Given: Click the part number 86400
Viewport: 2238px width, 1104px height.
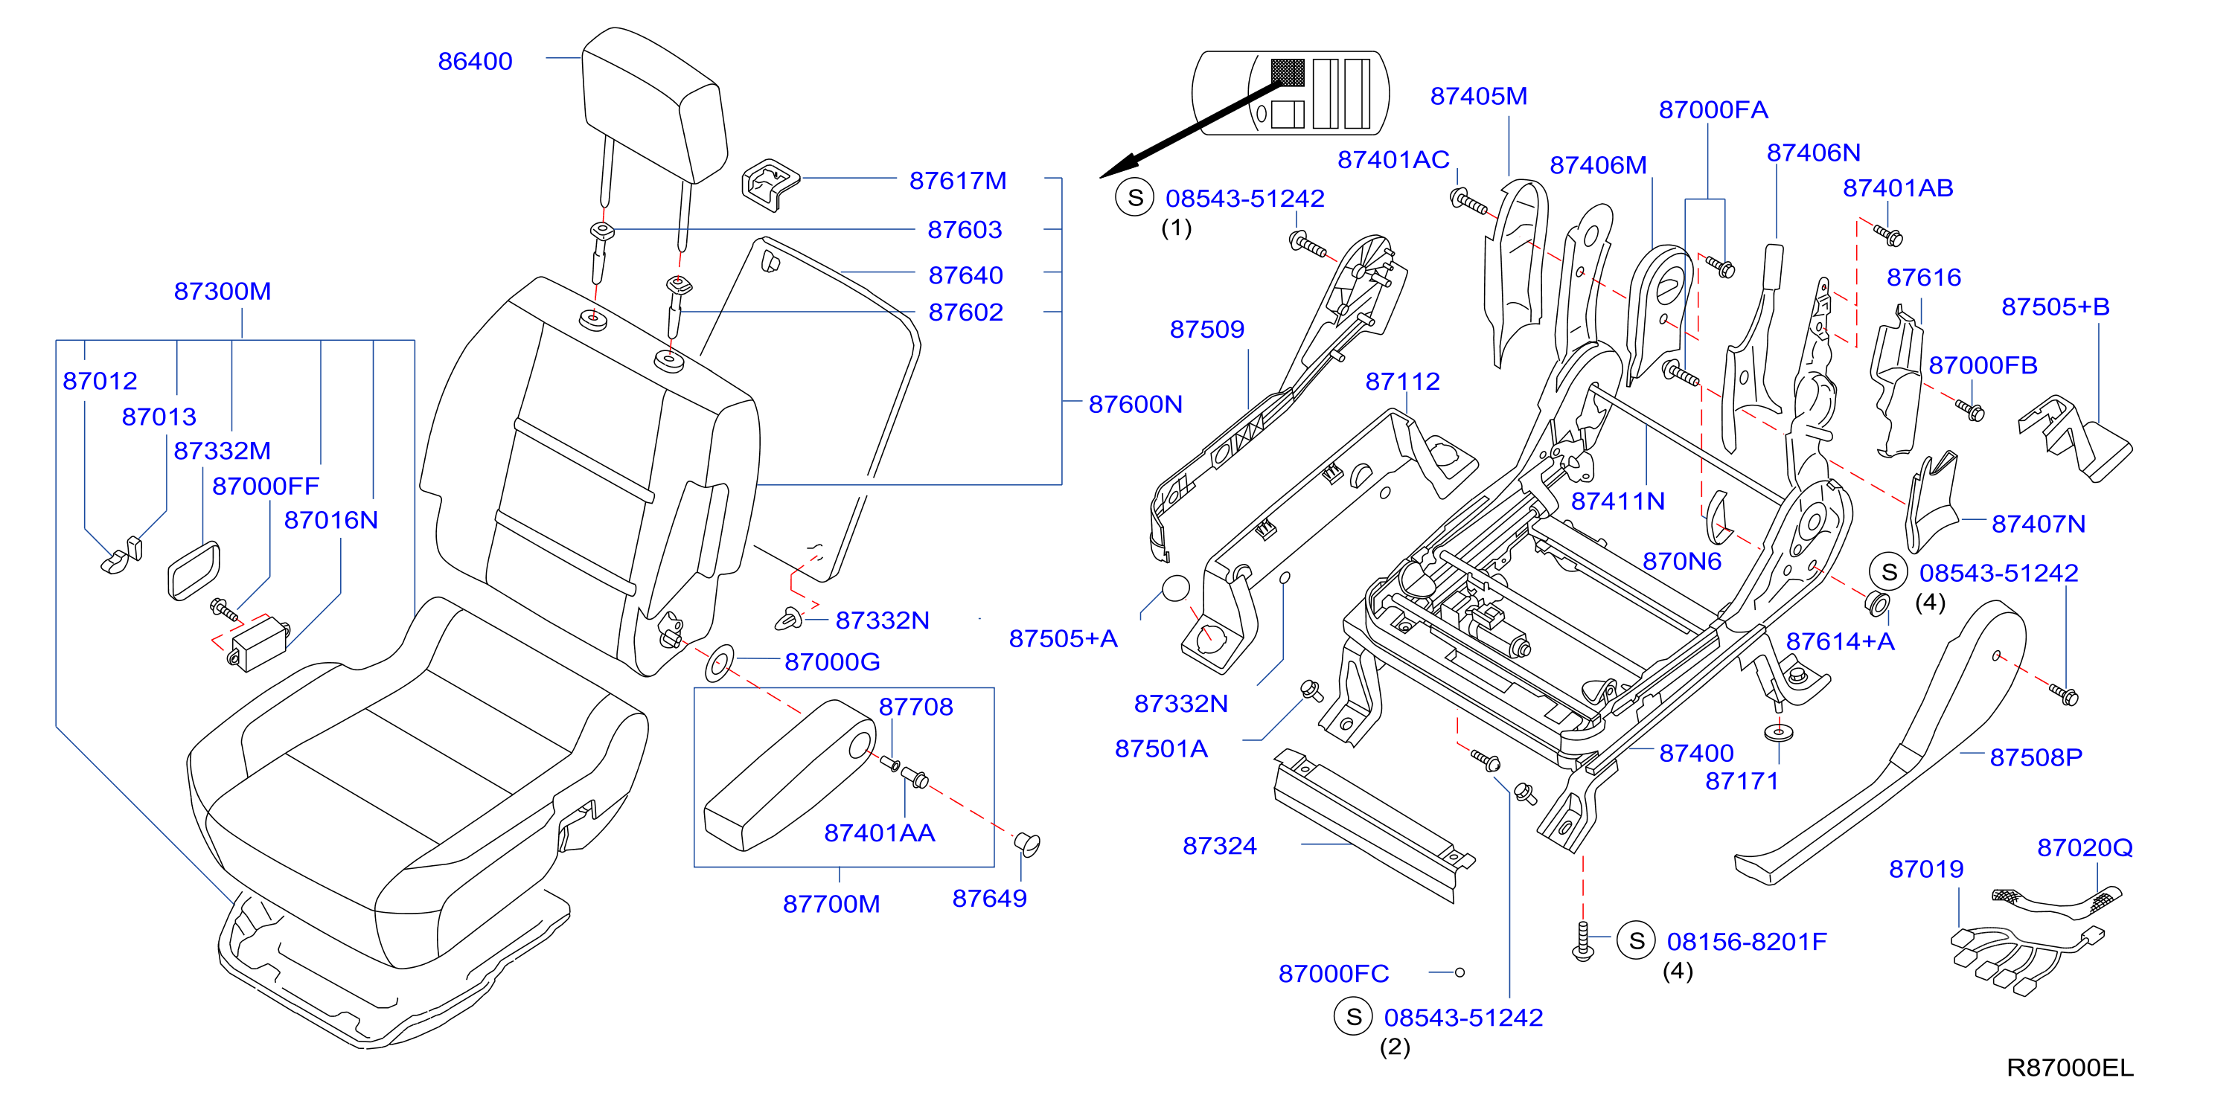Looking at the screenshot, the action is pyautogui.click(x=476, y=62).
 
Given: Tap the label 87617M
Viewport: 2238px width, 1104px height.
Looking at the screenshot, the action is pyautogui.click(x=957, y=181).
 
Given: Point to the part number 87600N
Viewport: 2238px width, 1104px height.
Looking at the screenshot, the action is pyautogui.click(x=1136, y=404).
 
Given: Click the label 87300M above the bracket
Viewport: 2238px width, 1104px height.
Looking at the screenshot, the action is pyautogui.click(x=223, y=291).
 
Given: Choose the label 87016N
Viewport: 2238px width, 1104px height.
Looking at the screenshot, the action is pyautogui.click(x=331, y=520).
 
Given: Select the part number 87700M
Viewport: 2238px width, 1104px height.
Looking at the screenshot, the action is pyautogui.click(x=831, y=904).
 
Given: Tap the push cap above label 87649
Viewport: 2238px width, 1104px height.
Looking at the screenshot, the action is pyautogui.click(x=1027, y=843).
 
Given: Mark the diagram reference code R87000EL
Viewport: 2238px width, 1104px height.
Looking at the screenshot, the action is pyautogui.click(x=2071, y=1068).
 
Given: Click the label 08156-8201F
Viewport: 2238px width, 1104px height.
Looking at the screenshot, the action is pyautogui.click(x=1746, y=942).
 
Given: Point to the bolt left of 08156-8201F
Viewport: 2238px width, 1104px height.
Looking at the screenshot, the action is pyautogui.click(x=1583, y=940).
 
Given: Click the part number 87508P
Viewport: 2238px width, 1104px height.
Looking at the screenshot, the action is pyautogui.click(x=2036, y=757).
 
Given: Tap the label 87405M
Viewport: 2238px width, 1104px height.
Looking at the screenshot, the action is pyautogui.click(x=1479, y=97).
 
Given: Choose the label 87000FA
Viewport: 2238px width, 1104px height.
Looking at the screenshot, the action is pyautogui.click(x=1713, y=109).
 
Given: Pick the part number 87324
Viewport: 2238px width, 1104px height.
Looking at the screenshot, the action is pyautogui.click(x=1220, y=846).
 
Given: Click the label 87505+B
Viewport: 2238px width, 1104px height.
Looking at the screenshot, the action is pyautogui.click(x=2056, y=307).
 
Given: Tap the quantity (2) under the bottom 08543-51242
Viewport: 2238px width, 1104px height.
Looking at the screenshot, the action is pyautogui.click(x=1395, y=1047).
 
